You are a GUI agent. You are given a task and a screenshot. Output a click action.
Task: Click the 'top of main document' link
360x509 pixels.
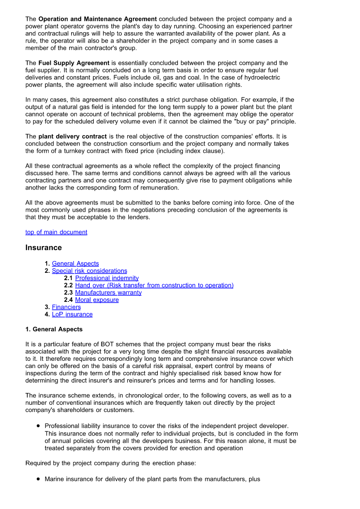[56, 232]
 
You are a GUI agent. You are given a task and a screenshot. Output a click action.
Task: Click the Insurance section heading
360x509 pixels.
[44, 247]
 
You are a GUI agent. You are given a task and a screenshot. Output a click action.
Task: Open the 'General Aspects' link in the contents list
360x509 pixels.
[75, 263]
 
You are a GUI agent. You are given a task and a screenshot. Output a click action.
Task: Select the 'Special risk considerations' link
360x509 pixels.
[89, 271]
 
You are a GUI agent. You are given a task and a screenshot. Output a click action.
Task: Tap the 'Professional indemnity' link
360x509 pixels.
[107, 278]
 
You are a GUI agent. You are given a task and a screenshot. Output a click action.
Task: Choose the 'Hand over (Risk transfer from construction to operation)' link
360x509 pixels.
[154, 285]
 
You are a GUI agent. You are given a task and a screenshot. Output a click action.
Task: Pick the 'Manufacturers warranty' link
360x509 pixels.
[108, 292]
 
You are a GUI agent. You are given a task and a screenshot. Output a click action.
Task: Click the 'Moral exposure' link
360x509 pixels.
[97, 300]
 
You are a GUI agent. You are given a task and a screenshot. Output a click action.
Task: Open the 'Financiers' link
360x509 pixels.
[66, 307]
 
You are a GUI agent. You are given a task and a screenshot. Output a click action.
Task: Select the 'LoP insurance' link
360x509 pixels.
[72, 314]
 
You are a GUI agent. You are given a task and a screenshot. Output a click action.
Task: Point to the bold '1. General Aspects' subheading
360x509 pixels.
[54, 329]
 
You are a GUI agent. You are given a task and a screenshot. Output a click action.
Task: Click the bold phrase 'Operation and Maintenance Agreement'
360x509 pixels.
[97, 19]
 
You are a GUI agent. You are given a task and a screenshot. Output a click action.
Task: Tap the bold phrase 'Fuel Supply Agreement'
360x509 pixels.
[74, 63]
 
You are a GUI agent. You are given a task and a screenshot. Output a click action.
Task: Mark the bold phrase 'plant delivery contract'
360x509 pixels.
[73, 136]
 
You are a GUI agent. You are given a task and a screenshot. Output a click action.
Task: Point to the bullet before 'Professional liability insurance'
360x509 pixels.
[39, 426]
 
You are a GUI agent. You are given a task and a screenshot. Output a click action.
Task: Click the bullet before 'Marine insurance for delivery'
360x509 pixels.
[39, 479]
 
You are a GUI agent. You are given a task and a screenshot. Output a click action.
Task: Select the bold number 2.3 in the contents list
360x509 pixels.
[68, 292]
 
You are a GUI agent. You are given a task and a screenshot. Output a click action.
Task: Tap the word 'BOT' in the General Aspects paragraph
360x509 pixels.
[102, 344]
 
